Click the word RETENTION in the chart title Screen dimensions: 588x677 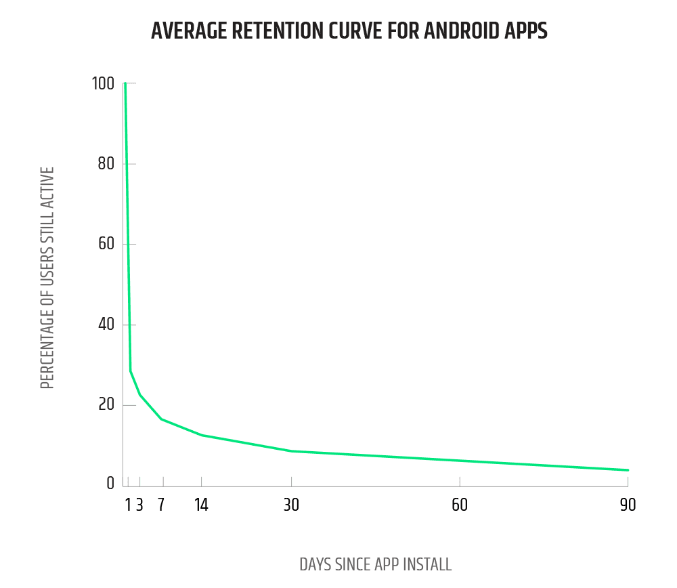[x=265, y=31]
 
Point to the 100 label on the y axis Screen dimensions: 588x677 [x=104, y=84]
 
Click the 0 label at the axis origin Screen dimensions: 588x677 [x=110, y=484]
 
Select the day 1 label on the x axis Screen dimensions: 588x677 [x=128, y=505]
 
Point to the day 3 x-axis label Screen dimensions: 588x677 [x=139, y=505]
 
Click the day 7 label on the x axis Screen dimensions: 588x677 [x=161, y=505]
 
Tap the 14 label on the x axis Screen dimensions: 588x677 [x=201, y=505]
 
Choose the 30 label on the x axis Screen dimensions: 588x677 [x=291, y=505]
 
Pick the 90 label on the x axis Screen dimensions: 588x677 [x=628, y=505]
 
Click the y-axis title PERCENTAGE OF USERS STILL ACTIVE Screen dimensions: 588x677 [x=47, y=278]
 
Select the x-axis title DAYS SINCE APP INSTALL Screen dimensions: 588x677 [x=375, y=564]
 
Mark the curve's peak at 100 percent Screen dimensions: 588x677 [x=125, y=84]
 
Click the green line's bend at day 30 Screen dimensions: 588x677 [x=291, y=451]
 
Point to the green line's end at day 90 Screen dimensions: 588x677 [x=628, y=470]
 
